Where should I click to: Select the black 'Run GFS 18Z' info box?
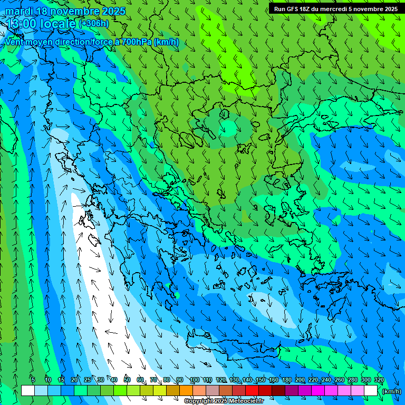336,8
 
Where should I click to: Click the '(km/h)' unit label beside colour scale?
391,391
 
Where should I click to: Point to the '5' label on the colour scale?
33,380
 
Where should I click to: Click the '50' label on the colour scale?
127,380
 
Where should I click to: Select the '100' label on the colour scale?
194,380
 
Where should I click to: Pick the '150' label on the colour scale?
261,380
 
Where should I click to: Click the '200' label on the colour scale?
300,380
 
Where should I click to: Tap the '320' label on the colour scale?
379,380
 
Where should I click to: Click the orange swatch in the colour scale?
186,391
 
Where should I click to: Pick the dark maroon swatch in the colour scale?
278,391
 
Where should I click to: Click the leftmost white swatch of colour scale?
28,391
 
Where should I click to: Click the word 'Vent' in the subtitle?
15,42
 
